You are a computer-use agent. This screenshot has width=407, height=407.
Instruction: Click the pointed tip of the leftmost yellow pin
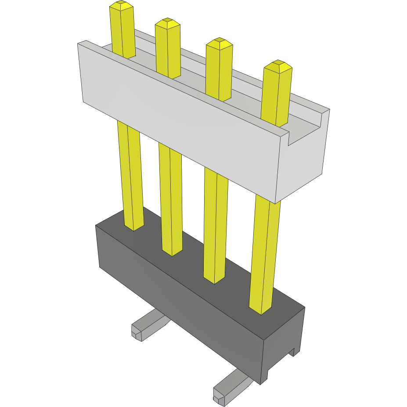point(121,6)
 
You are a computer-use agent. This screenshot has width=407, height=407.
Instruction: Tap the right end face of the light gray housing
point(303,162)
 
